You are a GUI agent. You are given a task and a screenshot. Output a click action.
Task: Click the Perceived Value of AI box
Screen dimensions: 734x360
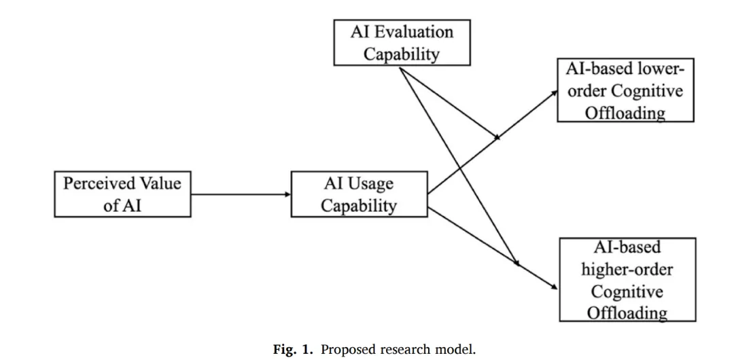coord(122,194)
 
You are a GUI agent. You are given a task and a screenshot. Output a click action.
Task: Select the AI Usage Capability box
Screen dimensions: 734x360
coord(359,194)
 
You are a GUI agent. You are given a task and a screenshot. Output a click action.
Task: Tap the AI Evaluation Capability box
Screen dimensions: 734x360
coord(402,43)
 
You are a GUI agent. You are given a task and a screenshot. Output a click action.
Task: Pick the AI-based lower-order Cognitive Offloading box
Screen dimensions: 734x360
coord(625,90)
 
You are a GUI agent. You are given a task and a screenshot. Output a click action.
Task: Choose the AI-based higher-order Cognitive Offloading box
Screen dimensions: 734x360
coord(627,279)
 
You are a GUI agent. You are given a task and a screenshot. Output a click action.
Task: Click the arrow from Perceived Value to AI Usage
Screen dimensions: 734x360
coord(241,194)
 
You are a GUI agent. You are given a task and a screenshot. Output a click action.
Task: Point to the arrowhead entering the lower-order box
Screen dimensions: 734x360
coord(555,92)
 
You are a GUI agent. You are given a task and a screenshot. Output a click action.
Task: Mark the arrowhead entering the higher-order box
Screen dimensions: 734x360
coord(555,287)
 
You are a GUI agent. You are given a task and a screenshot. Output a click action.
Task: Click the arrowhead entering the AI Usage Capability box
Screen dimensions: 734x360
coord(287,194)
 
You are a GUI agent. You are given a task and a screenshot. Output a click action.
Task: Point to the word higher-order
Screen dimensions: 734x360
coord(627,270)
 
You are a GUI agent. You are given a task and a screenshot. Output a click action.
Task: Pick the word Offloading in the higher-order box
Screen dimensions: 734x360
coord(627,312)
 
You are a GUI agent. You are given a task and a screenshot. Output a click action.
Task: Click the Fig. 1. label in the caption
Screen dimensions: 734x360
coord(293,350)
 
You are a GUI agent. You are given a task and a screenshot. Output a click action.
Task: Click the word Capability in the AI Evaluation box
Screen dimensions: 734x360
coord(402,54)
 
